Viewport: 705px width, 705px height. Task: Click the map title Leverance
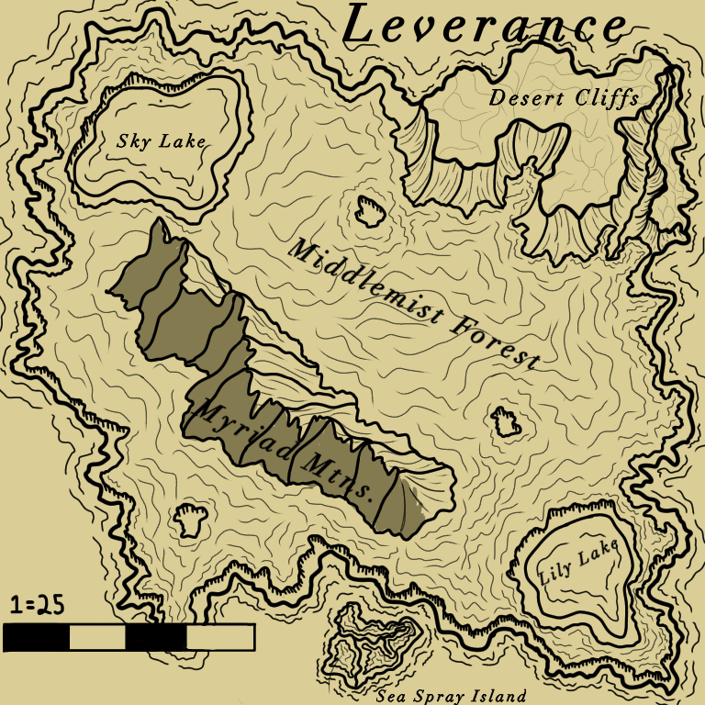(484, 26)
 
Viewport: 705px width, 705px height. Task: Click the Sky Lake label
(161, 141)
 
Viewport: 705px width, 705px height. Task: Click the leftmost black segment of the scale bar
(36, 637)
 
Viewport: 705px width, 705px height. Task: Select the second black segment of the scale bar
(155, 637)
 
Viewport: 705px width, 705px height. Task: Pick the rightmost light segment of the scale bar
(219, 637)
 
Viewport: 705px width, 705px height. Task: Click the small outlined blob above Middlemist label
(370, 211)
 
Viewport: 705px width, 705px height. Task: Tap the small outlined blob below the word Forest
(505, 421)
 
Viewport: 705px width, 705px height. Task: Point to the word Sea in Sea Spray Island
(393, 696)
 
